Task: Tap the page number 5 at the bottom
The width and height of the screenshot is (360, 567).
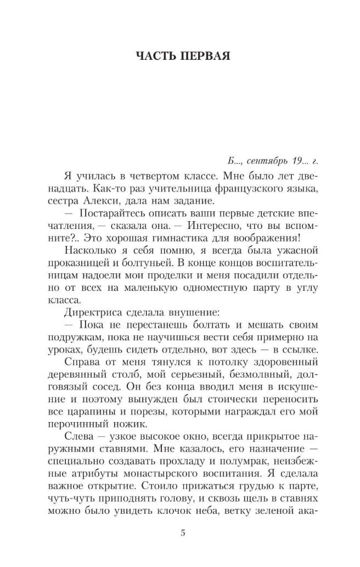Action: point(183,532)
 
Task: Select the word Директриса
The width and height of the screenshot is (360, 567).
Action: point(90,312)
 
